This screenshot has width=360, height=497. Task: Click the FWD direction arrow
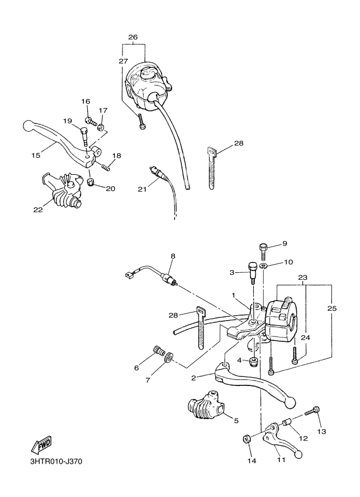(x=42, y=446)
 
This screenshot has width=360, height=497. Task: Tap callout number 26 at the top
(x=133, y=37)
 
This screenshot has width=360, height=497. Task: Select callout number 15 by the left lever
(x=36, y=156)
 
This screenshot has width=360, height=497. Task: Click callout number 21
(x=142, y=189)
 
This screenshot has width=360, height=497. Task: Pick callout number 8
(x=173, y=255)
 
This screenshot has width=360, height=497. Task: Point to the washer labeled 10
(x=263, y=266)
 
